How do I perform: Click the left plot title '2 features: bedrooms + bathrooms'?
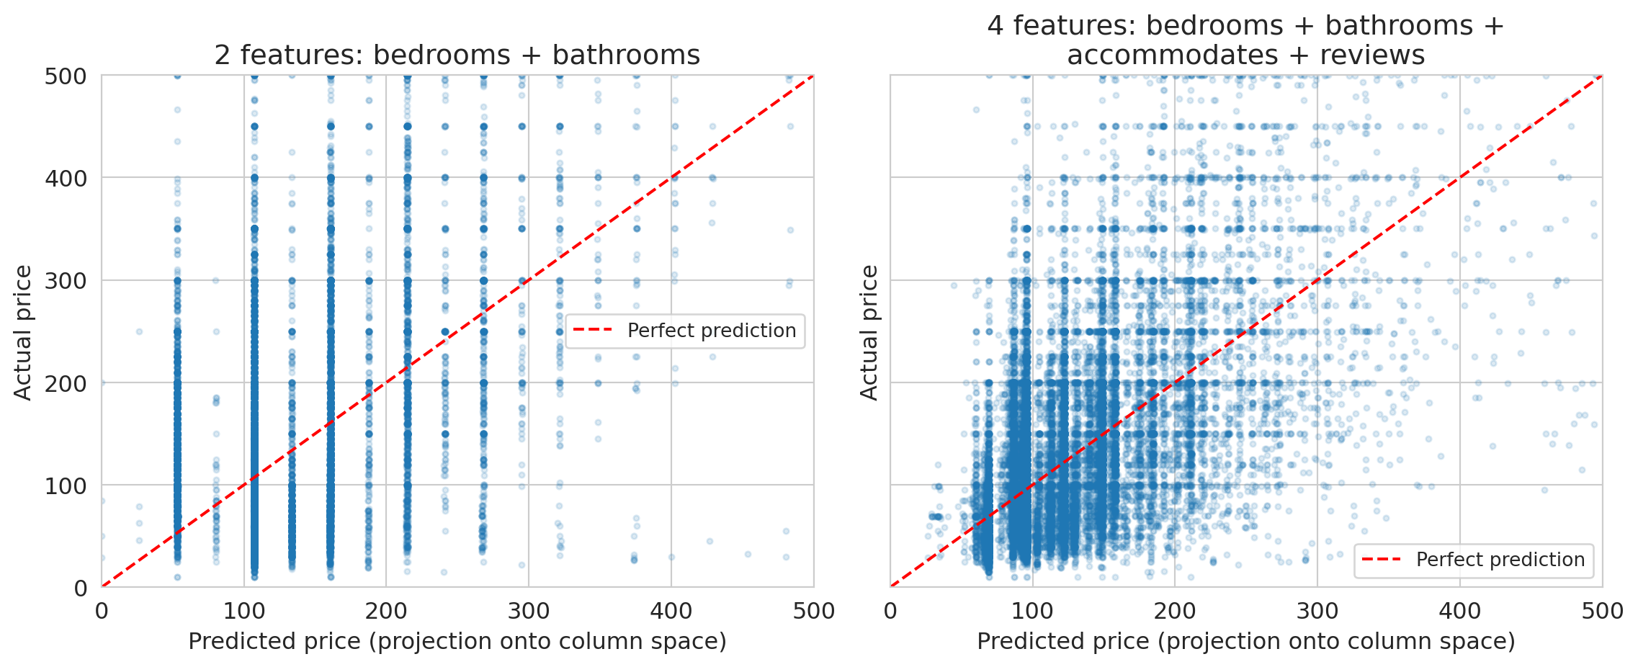(x=457, y=55)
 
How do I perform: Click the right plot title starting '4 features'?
(x=1245, y=40)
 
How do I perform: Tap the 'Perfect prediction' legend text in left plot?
(x=711, y=331)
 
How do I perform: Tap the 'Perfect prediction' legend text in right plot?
(x=1500, y=560)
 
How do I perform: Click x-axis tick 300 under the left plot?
(x=529, y=612)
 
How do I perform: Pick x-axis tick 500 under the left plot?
(x=813, y=612)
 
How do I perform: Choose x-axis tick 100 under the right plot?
(x=1032, y=612)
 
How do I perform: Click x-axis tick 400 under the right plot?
(x=1459, y=612)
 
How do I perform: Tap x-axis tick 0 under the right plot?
(x=890, y=612)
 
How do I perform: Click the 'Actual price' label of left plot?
(x=23, y=332)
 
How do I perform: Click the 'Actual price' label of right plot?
(x=869, y=332)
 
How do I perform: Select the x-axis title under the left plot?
(x=457, y=641)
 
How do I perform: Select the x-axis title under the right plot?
(x=1245, y=641)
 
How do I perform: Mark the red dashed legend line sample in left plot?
(x=593, y=331)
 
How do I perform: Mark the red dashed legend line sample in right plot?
(x=1382, y=560)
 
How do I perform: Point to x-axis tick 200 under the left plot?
(x=386, y=612)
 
